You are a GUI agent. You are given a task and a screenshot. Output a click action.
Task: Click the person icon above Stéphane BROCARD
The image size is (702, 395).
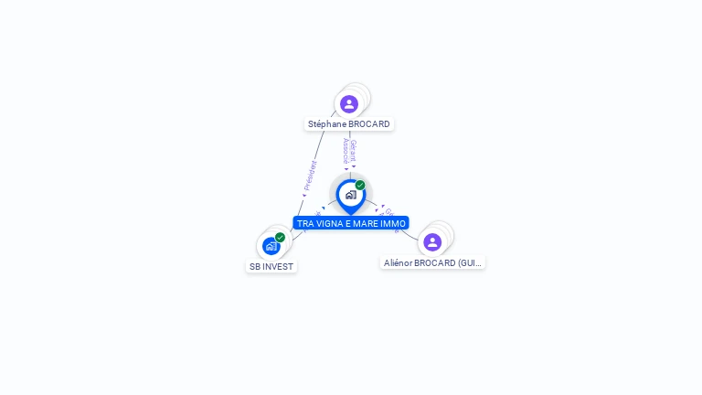coord(348,103)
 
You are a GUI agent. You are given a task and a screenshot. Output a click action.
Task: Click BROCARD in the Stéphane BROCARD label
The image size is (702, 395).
coord(369,124)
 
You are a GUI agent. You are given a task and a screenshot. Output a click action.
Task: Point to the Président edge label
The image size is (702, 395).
coord(310,175)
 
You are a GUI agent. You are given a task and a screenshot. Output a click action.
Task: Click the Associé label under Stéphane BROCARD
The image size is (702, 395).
coord(346,151)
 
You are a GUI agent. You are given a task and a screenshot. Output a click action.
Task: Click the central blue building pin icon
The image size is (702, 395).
coord(350,195)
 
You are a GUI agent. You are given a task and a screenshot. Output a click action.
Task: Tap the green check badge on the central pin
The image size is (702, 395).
coord(360,185)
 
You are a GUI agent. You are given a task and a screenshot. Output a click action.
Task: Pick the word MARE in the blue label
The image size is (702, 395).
coord(366,223)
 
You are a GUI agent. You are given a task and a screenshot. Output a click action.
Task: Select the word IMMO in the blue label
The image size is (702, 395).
coord(392,223)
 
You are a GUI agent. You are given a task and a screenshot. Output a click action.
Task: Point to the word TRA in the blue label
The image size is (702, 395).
coord(305,223)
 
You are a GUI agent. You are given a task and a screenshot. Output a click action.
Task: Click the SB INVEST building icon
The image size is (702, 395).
coord(271,246)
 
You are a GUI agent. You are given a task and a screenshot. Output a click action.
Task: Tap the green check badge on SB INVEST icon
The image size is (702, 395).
coord(280,238)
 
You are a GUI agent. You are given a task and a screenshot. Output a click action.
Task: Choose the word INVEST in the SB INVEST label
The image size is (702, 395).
coord(277,267)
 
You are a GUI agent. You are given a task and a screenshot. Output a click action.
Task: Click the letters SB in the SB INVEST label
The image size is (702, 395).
coord(254,267)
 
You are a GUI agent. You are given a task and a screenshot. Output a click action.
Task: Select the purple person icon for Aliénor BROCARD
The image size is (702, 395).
coord(432,241)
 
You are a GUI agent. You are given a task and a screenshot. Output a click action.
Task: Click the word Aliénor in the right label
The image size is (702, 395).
coord(399,263)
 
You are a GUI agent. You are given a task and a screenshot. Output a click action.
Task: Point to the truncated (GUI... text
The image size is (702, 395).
coord(470,263)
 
